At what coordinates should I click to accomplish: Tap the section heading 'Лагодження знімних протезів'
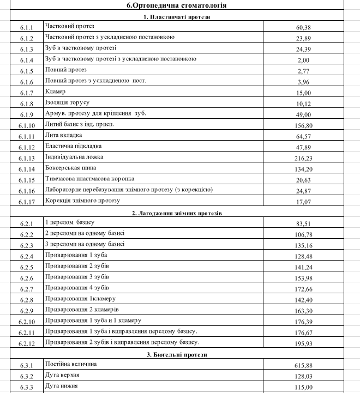[x=179, y=213]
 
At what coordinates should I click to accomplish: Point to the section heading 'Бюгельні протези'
[x=179, y=355]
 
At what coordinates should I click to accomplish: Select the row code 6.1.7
[x=27, y=93]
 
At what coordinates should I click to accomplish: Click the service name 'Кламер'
[x=56, y=92]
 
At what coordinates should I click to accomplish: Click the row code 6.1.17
[x=27, y=202]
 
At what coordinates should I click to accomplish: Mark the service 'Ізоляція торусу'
[x=67, y=102]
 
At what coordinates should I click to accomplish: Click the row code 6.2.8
[x=27, y=300]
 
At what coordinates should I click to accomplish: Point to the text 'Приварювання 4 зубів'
[x=77, y=288]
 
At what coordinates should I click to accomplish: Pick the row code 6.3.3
[x=27, y=387]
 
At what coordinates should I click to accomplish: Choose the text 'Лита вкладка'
[x=63, y=135]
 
